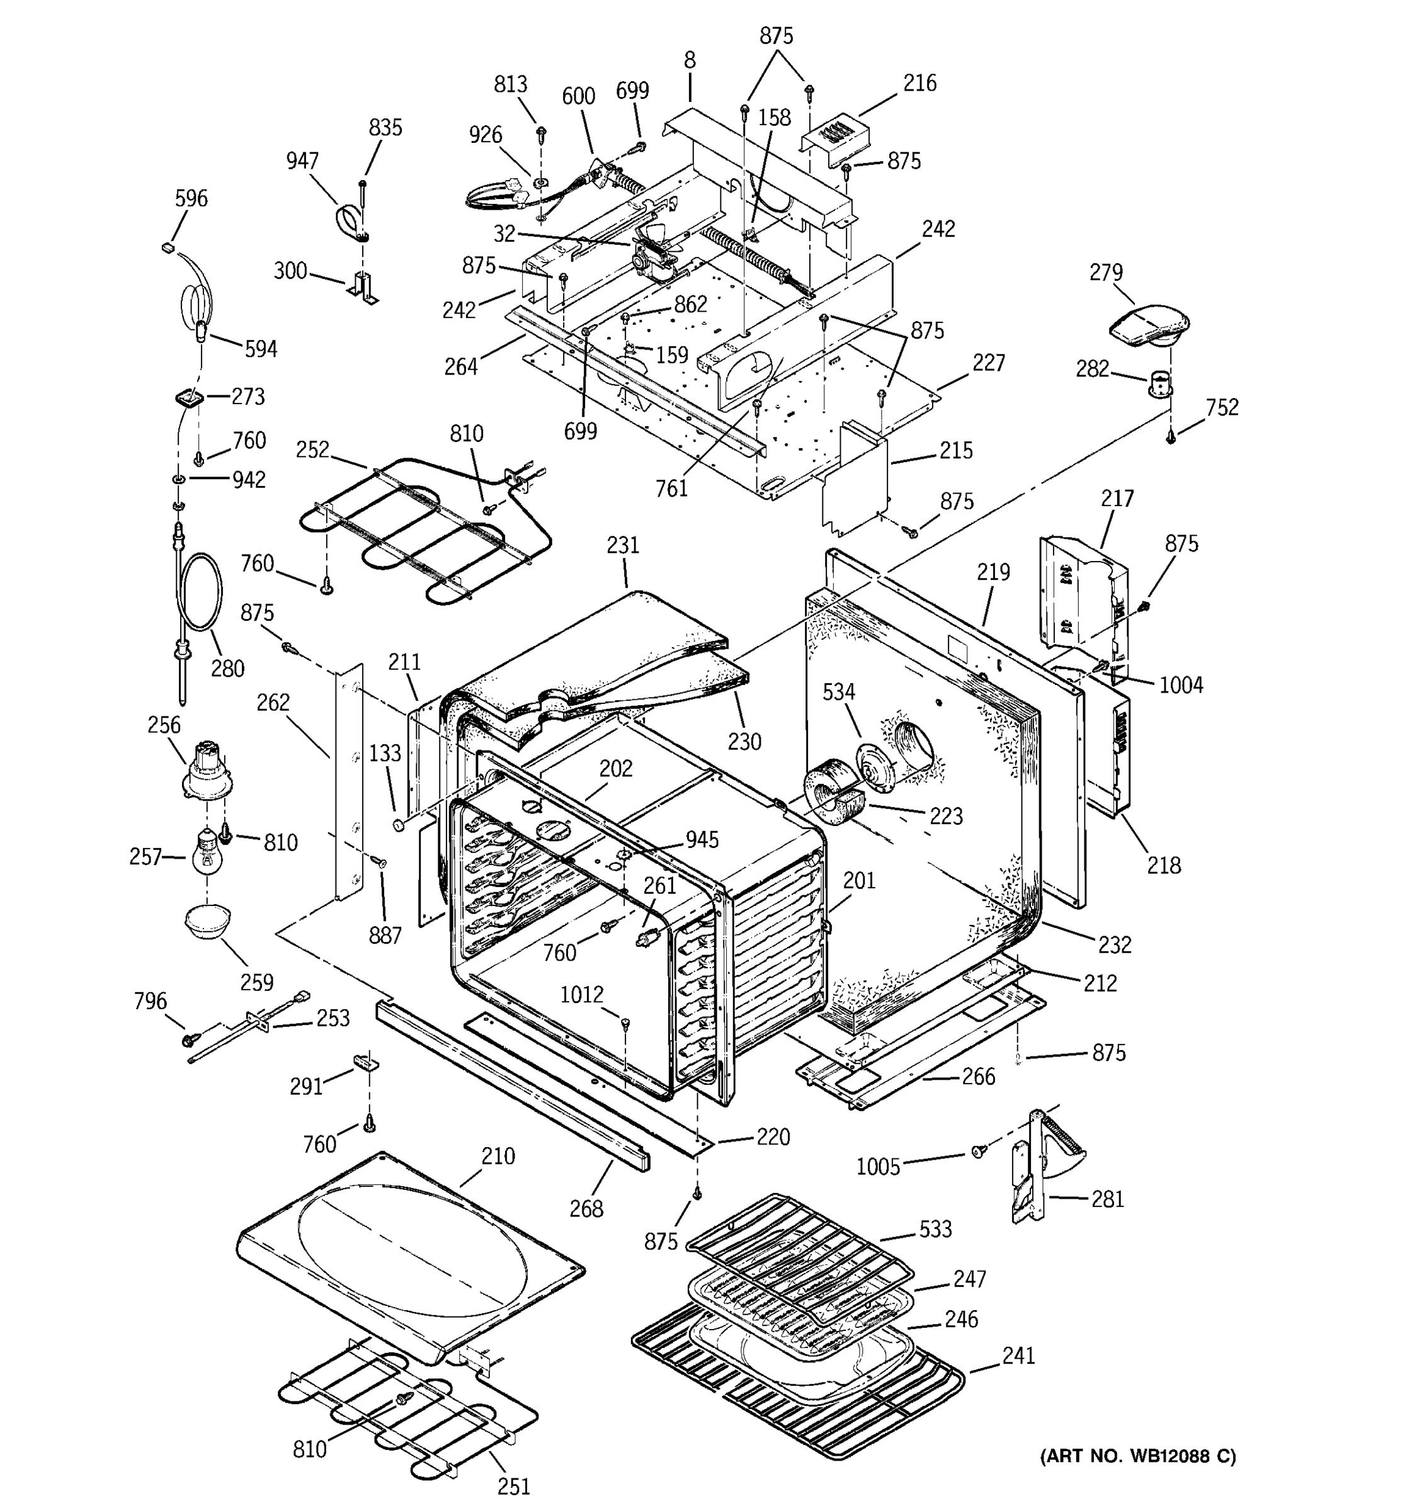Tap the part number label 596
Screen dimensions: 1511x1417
click(191, 198)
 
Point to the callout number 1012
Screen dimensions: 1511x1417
click(581, 995)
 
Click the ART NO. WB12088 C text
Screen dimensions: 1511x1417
click(1137, 1456)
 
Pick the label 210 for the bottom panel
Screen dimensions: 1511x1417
click(498, 1156)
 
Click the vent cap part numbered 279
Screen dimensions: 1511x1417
click(1149, 327)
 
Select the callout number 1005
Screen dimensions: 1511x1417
click(878, 1167)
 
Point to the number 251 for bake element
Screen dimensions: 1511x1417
click(513, 1486)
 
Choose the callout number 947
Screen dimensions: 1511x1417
click(302, 161)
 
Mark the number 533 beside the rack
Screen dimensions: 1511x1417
click(935, 1229)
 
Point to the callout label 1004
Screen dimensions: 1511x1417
click(1181, 685)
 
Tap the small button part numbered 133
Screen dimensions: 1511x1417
click(397, 825)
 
